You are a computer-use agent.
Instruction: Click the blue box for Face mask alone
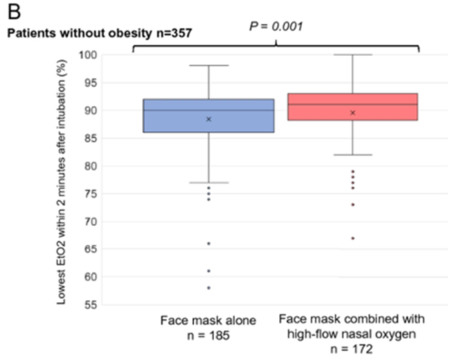(x=208, y=116)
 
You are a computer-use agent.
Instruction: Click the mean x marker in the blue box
(x=209, y=120)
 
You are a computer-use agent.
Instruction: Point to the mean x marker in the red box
(x=352, y=113)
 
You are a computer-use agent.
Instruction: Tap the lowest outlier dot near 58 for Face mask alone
(x=209, y=288)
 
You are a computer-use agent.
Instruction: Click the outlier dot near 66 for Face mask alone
(x=209, y=244)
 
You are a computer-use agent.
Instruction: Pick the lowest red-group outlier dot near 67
(x=352, y=238)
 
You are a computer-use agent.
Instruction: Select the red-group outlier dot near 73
(x=352, y=205)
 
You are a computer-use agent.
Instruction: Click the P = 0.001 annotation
(x=276, y=27)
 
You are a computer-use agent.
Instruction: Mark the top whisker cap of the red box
(x=352, y=54)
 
